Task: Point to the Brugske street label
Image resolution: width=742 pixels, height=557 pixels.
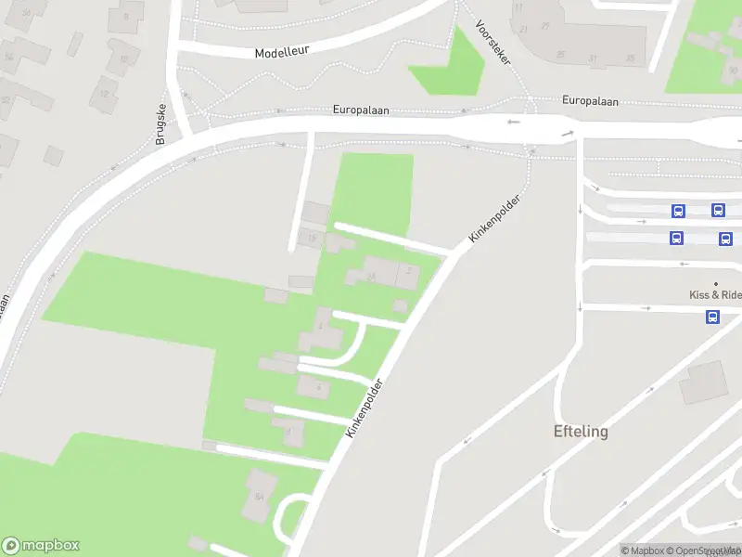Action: [160, 123]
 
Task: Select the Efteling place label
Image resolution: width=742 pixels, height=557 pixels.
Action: [581, 432]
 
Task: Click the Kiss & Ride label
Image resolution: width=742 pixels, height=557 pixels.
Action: [715, 295]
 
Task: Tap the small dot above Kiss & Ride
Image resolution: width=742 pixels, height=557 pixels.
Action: [715, 283]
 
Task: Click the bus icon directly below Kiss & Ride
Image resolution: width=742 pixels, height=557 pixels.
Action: [712, 317]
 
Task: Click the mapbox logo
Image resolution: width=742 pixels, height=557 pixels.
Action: [41, 546]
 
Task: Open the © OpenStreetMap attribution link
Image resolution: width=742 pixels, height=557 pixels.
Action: [704, 551]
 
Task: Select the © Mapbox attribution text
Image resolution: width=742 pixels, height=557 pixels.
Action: [643, 551]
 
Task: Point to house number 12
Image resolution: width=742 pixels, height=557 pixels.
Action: [104, 94]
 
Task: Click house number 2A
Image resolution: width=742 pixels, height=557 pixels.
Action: [371, 276]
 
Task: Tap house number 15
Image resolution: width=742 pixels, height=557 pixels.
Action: [313, 240]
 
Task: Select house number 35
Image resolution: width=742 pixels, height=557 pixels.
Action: [631, 58]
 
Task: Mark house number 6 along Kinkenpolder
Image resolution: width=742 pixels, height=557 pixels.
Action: [318, 386]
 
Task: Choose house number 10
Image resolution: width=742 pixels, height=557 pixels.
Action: [122, 58]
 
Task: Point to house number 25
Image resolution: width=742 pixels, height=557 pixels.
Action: [545, 25]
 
